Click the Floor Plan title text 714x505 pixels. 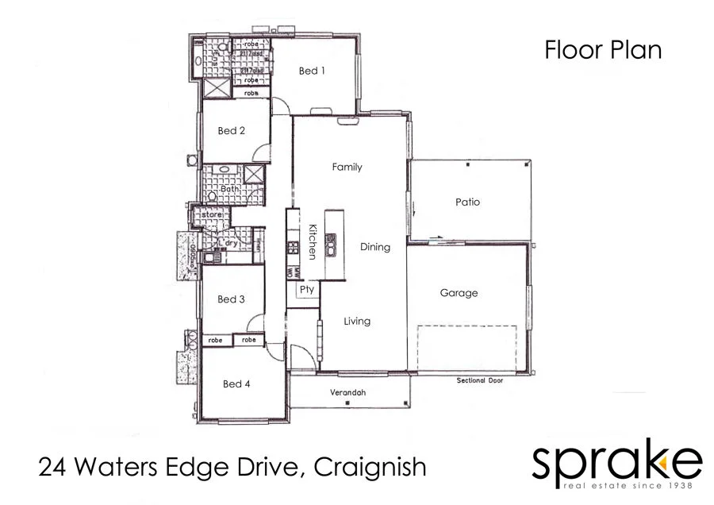point(603,50)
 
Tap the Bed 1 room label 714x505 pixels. point(312,71)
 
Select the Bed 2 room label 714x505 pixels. point(231,130)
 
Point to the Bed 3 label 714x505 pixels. point(231,299)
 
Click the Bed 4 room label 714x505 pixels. point(236,384)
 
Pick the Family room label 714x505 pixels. point(347,167)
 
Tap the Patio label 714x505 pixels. point(467,202)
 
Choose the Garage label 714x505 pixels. point(459,293)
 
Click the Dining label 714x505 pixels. point(375,247)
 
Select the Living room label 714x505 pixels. point(357,321)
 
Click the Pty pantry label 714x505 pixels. point(307,290)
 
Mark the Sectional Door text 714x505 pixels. point(480,380)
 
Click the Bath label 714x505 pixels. point(230,189)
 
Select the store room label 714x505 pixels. point(211,214)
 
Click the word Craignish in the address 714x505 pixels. point(370,467)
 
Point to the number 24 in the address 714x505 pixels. point(52,467)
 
